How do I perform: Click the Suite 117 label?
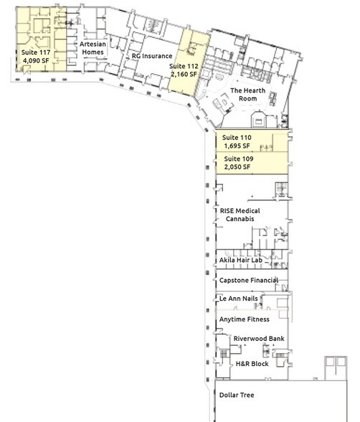pos(36,52)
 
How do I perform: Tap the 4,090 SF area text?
pos(36,60)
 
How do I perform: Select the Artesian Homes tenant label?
pos(93,48)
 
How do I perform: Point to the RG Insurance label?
pos(152,56)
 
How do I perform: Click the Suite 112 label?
pos(184,66)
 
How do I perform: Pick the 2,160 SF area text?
pos(184,74)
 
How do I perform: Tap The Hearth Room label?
pos(247,95)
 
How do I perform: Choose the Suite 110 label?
pos(237,138)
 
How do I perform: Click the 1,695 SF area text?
pos(237,146)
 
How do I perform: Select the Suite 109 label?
pos(239,159)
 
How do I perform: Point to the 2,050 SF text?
pos(237,167)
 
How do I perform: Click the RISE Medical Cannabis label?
pos(240,215)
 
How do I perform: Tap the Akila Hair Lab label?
pos(241,260)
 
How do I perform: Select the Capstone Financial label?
pos(249,280)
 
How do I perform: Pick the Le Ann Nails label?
pos(239,299)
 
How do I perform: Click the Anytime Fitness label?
pos(244,319)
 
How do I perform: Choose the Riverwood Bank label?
pos(259,339)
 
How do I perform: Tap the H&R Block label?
pos(252,364)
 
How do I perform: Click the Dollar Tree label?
pos(237,395)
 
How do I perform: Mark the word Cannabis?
pos(240,219)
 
